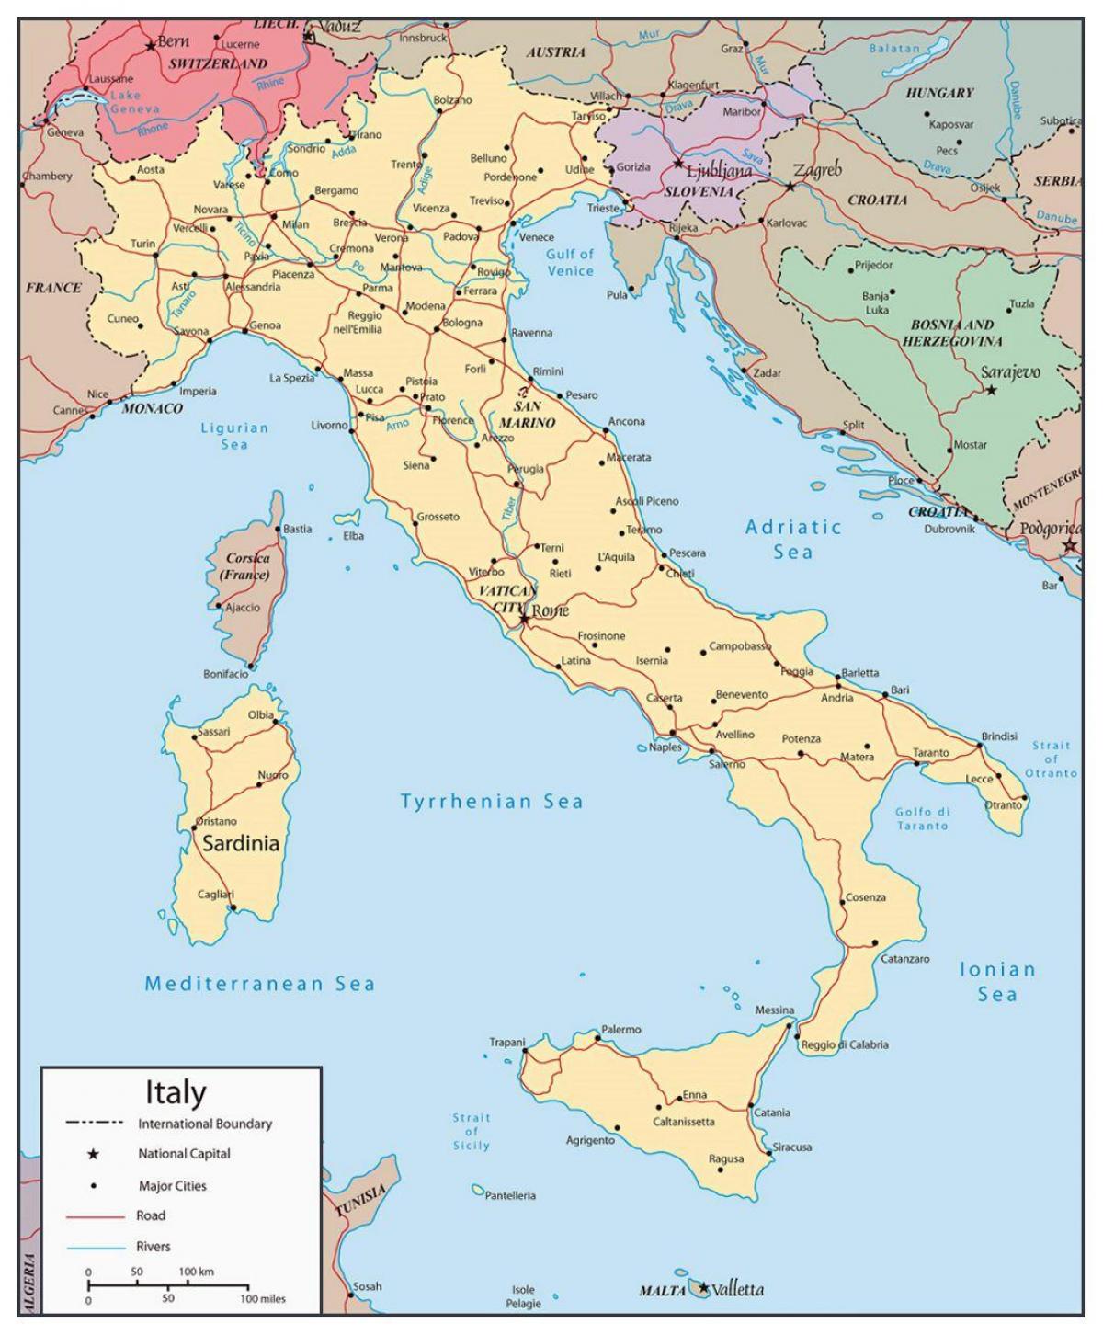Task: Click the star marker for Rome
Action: pyautogui.click(x=524, y=619)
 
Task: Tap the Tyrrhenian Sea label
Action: pyautogui.click(x=492, y=802)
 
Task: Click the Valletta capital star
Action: pyautogui.click(x=704, y=1288)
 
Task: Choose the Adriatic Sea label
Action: pyautogui.click(x=792, y=539)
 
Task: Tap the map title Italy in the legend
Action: pyautogui.click(x=176, y=1092)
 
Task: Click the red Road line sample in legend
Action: pyautogui.click(x=95, y=1216)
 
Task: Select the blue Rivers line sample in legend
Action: pyautogui.click(x=95, y=1248)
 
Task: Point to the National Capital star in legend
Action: pyautogui.click(x=93, y=1154)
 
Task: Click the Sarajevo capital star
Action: pyautogui.click(x=991, y=390)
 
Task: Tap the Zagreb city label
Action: pyautogui.click(x=817, y=171)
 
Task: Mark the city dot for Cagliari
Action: pyautogui.click(x=233, y=907)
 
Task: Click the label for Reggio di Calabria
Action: pyautogui.click(x=845, y=1044)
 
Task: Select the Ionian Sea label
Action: pyautogui.click(x=997, y=981)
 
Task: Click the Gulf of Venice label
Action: pyautogui.click(x=570, y=262)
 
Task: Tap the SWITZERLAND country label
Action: pyautogui.click(x=218, y=64)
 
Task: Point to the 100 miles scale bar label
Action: pyautogui.click(x=262, y=1299)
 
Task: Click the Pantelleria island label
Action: pyautogui.click(x=510, y=1196)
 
